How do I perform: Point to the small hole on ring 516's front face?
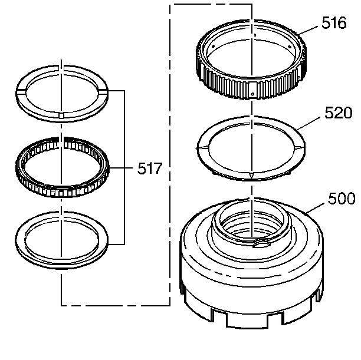(252, 93)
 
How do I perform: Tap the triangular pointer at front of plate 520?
(252, 175)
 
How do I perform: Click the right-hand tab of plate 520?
(302, 147)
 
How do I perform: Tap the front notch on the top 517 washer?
(62, 113)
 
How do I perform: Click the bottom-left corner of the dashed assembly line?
(62, 305)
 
